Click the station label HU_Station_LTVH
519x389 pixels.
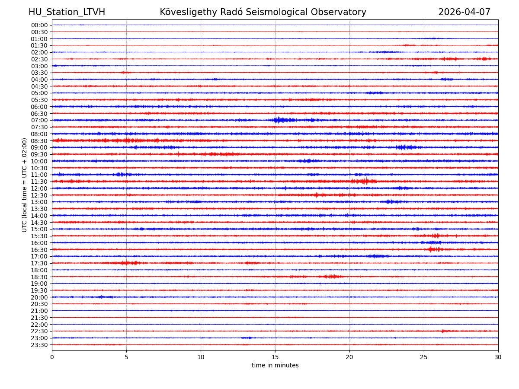[x=67, y=12]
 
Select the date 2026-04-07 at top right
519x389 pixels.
[x=464, y=12]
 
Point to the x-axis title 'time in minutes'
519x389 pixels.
[x=275, y=366]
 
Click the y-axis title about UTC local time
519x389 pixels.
[x=25, y=185]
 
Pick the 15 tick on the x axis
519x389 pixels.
[x=275, y=357]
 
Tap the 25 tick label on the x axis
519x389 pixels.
[x=424, y=357]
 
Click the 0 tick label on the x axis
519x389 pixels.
[x=52, y=357]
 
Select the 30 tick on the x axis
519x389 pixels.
[x=498, y=357]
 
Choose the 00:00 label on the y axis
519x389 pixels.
[x=39, y=25]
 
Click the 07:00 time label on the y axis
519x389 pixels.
[x=39, y=120]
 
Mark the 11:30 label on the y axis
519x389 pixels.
[x=39, y=182]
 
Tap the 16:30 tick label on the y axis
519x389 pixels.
[x=39, y=250]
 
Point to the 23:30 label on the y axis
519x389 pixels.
[x=39, y=345]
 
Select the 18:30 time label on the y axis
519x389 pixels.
[x=39, y=277]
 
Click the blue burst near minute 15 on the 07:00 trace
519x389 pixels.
[x=279, y=120]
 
